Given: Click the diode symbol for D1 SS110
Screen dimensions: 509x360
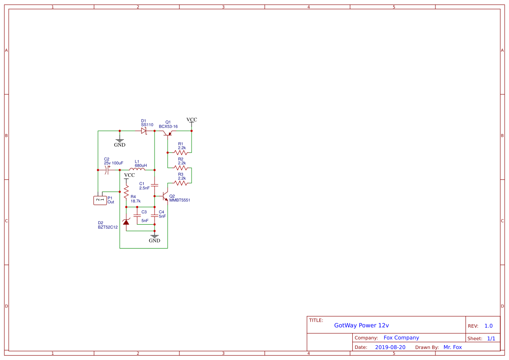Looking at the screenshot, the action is click(144, 131).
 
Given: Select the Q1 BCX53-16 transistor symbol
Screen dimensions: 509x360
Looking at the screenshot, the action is click(168, 132).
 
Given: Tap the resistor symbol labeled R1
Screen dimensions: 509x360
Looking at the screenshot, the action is click(181, 152).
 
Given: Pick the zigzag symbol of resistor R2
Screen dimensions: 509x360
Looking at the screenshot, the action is click(181, 168).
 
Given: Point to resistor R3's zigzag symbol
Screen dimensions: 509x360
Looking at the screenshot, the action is click(181, 183).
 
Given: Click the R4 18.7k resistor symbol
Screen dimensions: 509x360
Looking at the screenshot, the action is click(126, 192).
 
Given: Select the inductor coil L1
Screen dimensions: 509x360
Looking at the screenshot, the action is click(137, 169).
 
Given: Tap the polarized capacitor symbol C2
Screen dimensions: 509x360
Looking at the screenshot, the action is click(107, 170).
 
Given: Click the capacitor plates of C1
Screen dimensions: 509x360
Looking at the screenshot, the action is click(155, 185).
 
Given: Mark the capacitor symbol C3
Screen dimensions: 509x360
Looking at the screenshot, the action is click(137, 215).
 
